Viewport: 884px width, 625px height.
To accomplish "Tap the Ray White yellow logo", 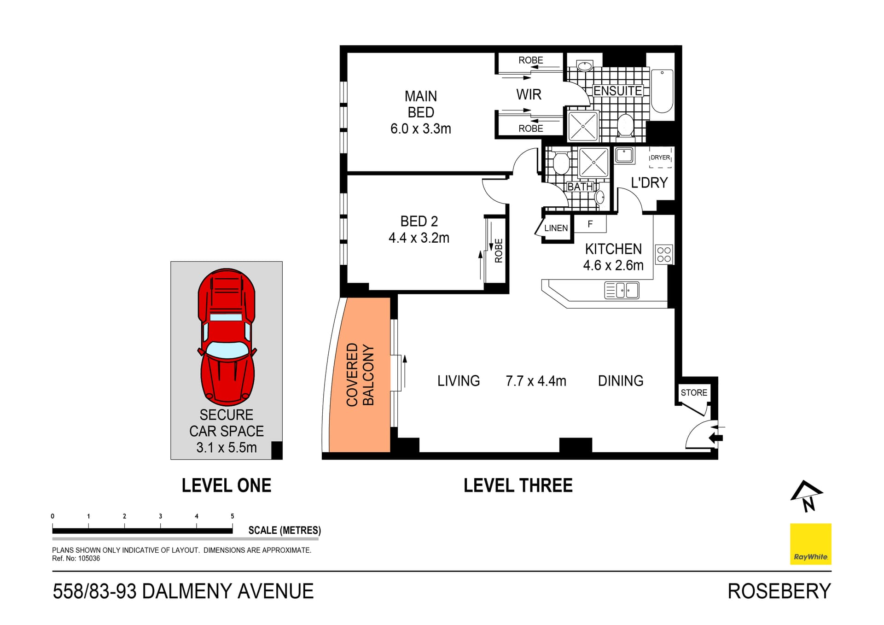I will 810,544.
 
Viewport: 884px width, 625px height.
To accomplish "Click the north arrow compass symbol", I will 807,496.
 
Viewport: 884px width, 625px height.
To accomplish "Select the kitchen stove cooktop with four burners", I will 664,254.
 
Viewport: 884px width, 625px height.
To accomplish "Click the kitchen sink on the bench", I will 622,291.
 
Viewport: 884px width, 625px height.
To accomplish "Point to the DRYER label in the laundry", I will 660,158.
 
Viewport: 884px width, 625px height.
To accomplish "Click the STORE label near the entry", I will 694,393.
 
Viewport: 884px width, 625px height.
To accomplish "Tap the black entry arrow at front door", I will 716,438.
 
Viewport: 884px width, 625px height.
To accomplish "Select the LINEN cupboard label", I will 556,228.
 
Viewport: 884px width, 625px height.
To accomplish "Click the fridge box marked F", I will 590,224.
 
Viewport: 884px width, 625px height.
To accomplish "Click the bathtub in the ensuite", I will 662,91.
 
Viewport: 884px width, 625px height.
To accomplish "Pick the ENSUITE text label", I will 617,91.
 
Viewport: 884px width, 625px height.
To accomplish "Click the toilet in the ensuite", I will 625,125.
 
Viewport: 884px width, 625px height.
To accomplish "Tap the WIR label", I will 529,95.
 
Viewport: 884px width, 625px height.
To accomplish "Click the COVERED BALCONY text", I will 360,375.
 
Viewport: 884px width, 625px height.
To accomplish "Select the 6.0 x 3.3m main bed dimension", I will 420,129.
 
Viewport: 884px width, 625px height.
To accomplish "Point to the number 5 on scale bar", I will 233,516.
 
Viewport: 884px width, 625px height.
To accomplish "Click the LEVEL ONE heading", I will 226,485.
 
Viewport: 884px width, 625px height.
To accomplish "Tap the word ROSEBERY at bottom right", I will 779,591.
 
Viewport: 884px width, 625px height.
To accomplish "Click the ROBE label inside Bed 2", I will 499,251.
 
